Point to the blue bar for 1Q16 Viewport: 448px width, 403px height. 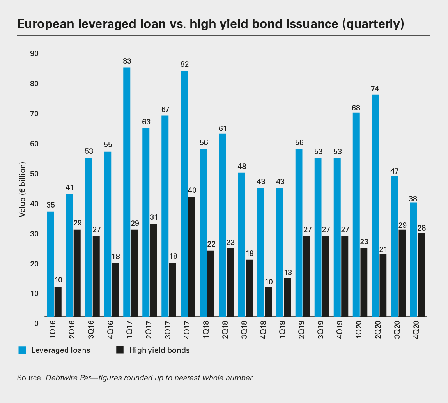pos(50,264)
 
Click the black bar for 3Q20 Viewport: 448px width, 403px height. pos(402,273)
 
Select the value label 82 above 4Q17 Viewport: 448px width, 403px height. pos(184,64)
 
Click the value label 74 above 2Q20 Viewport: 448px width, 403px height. pos(375,88)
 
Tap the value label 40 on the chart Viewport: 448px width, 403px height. pos(192,190)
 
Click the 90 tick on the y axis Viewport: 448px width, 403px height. pos(34,53)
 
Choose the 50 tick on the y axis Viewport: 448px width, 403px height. pos(34,174)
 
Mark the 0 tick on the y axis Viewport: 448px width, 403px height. pos(36,323)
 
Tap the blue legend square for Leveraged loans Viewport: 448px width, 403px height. pos(22,350)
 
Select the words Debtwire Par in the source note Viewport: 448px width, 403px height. pos(67,378)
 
